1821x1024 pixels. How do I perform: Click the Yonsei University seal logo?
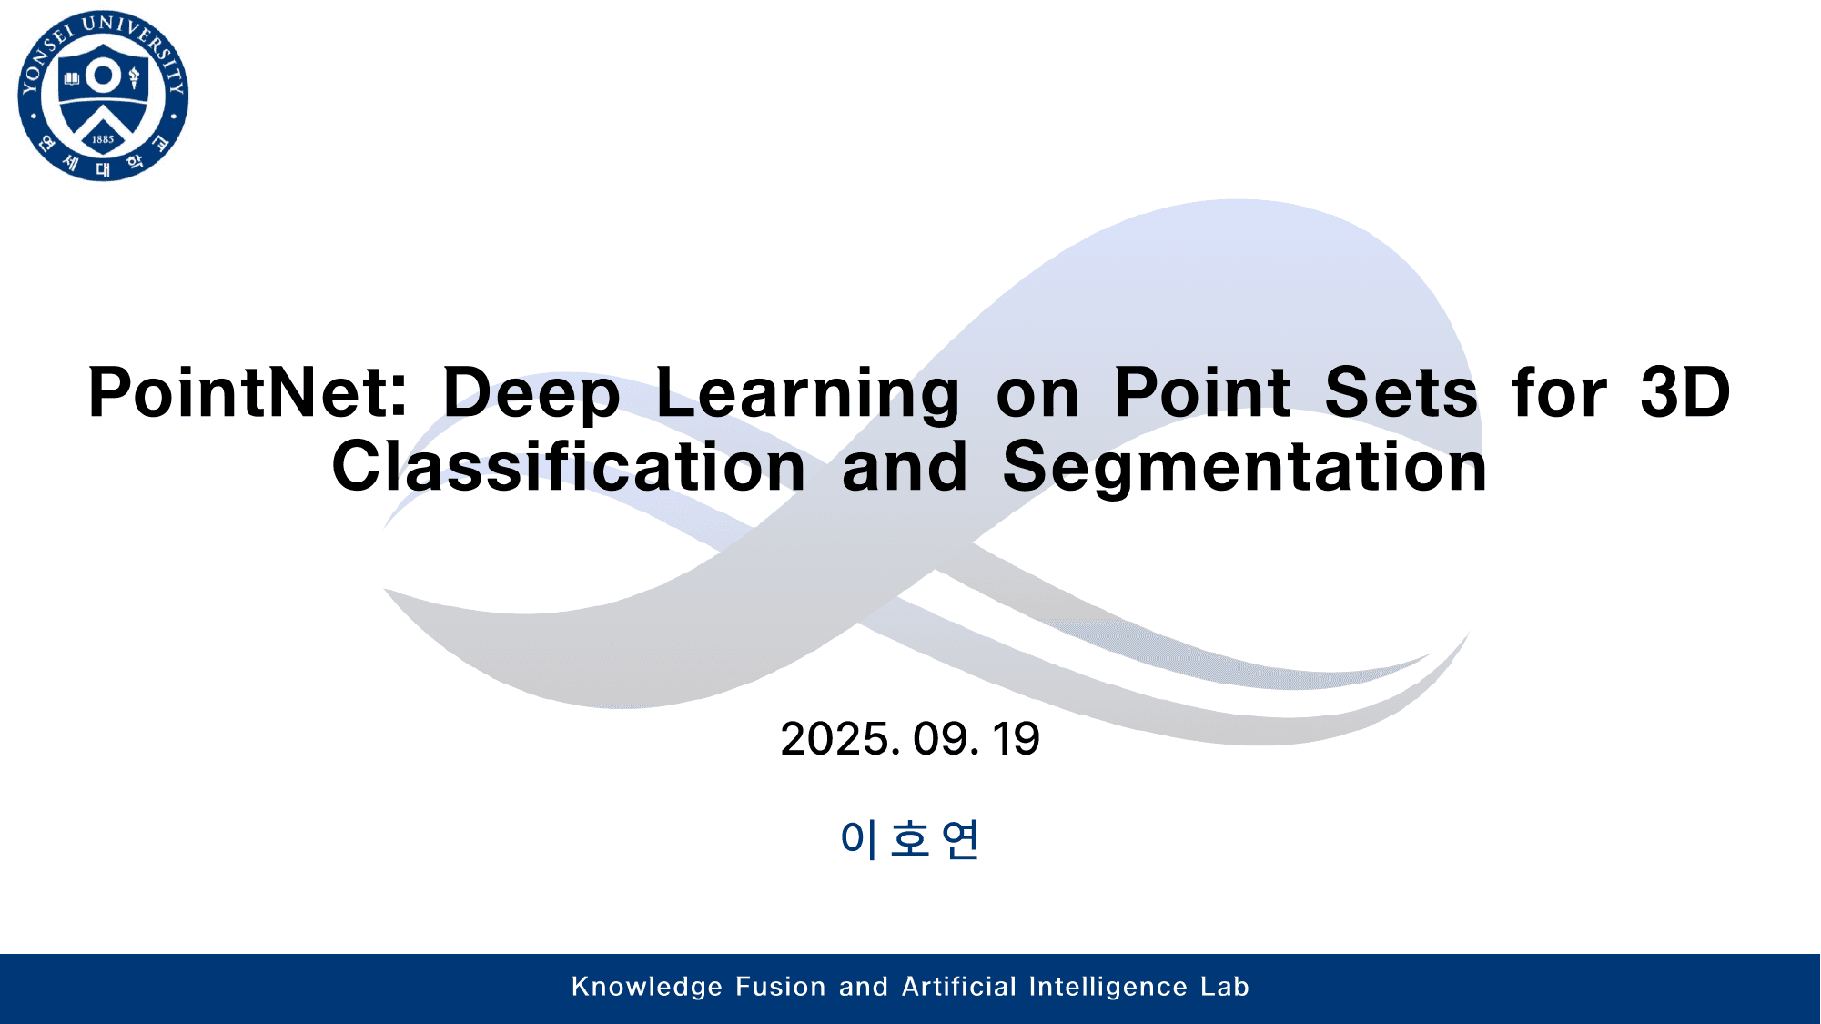point(103,96)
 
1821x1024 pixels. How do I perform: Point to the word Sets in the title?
point(1401,393)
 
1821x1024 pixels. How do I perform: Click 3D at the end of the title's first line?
point(1685,393)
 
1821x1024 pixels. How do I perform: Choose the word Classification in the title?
point(569,467)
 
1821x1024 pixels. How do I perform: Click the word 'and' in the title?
point(905,467)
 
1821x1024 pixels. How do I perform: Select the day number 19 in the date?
point(1017,739)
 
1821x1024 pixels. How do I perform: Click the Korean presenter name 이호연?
point(909,838)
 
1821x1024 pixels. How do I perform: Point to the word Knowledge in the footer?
point(647,987)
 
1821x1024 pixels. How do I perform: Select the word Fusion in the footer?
point(780,987)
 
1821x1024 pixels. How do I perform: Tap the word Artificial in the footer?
point(959,987)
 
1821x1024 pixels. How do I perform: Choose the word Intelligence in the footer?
point(1108,987)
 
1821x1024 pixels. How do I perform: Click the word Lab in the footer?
point(1225,987)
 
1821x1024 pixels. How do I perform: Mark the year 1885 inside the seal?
point(103,139)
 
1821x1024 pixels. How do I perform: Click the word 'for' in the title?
point(1559,393)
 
